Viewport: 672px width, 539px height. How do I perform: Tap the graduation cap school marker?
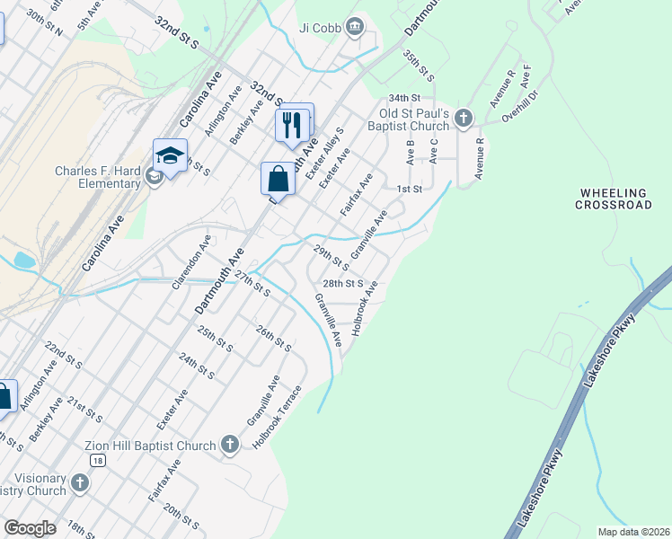pyautogui.click(x=170, y=156)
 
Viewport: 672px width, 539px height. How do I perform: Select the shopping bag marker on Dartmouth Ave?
pyautogui.click(x=279, y=178)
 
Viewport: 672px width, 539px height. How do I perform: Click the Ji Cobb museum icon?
pyautogui.click(x=355, y=26)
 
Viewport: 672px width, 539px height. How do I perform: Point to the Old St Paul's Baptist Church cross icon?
pyautogui.click(x=463, y=118)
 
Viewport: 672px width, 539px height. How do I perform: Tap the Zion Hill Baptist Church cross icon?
pyautogui.click(x=230, y=444)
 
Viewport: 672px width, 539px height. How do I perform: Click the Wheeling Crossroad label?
pyautogui.click(x=615, y=199)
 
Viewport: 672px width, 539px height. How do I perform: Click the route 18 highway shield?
pyautogui.click(x=97, y=460)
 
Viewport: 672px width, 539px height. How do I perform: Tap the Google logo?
pyautogui.click(x=30, y=528)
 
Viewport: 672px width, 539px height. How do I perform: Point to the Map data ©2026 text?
pyautogui.click(x=633, y=532)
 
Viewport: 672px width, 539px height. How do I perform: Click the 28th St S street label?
pyautogui.click(x=342, y=283)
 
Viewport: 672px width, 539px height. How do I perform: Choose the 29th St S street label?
pyautogui.click(x=330, y=256)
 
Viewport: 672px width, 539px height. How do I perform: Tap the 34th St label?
pyautogui.click(x=404, y=97)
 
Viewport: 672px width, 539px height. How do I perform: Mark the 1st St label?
pyautogui.click(x=409, y=189)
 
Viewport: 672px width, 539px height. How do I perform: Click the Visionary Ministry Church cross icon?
pyautogui.click(x=79, y=483)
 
